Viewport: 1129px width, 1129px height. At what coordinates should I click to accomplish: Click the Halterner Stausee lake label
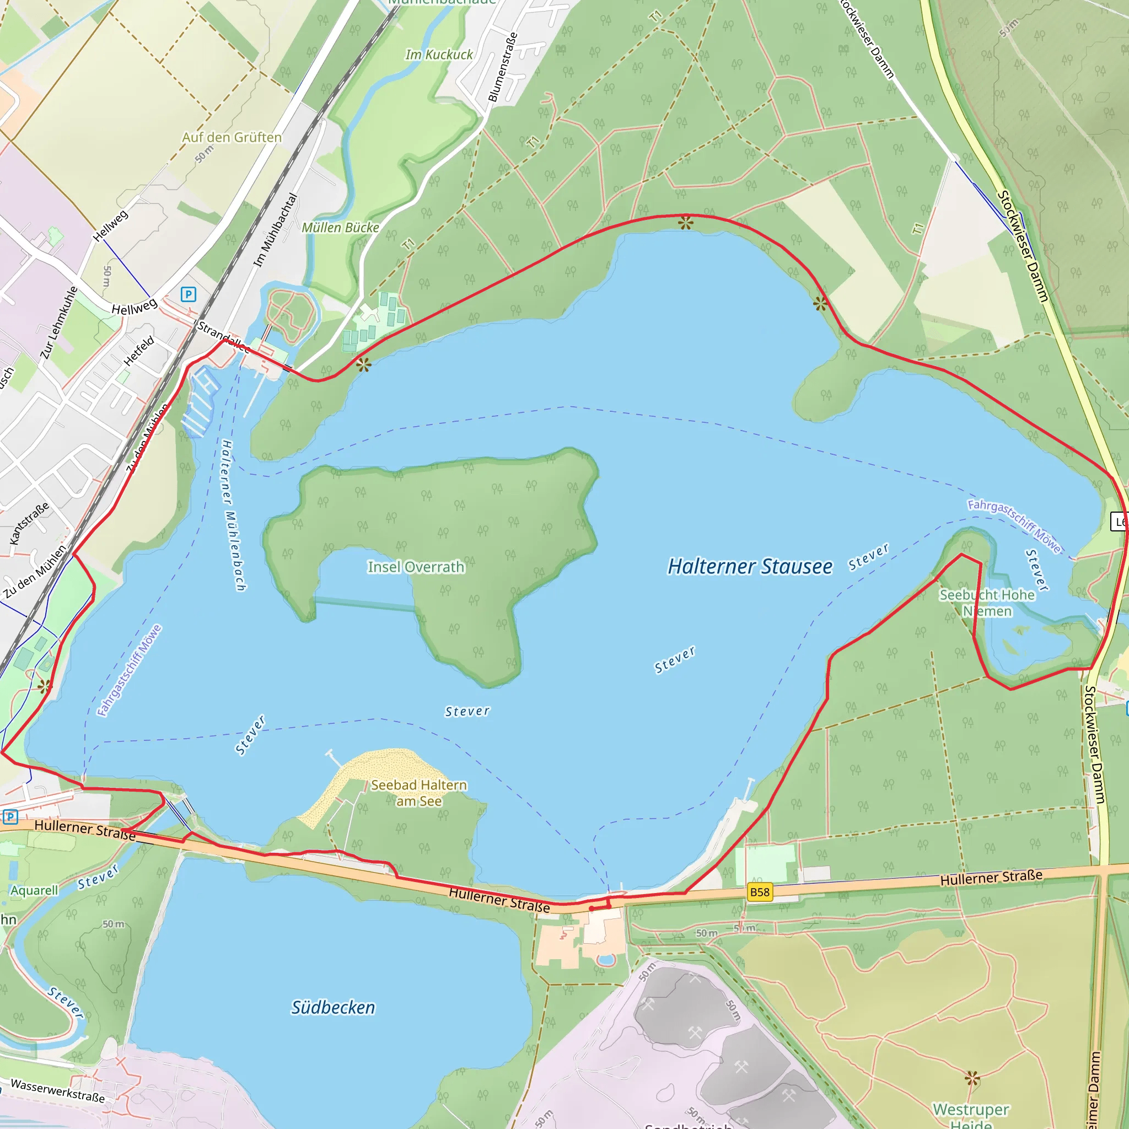click(750, 566)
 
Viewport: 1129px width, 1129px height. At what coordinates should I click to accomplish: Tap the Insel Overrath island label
click(416, 567)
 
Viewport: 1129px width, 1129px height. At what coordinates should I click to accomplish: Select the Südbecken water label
click(333, 1008)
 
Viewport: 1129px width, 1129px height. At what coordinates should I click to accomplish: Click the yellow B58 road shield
click(760, 892)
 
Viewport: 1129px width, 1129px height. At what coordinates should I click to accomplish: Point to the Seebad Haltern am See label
click(419, 793)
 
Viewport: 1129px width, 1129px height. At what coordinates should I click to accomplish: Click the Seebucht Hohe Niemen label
click(987, 603)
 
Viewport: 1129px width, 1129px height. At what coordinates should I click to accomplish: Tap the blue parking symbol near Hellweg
click(188, 294)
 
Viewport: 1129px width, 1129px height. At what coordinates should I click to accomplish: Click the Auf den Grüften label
click(232, 137)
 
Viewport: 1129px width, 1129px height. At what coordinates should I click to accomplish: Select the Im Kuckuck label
click(439, 55)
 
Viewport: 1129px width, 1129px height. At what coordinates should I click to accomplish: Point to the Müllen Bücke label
click(340, 228)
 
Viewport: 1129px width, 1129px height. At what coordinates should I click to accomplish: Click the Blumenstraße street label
click(503, 67)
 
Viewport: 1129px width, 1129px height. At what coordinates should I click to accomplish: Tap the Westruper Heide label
click(971, 1115)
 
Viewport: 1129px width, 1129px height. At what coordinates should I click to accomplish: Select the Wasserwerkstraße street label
click(58, 1091)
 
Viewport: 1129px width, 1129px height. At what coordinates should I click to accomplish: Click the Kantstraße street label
click(29, 524)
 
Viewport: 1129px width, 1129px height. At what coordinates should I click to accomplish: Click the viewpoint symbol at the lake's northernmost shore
click(685, 223)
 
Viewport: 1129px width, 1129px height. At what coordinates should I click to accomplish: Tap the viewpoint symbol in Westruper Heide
click(972, 1078)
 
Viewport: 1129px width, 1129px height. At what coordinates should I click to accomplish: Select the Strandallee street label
click(223, 337)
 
